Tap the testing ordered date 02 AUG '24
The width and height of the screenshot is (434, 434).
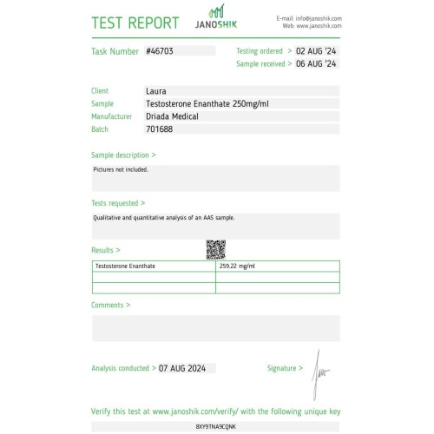tap(315, 51)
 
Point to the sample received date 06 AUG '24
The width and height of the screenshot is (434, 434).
tap(315, 64)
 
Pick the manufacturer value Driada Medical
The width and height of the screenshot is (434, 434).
tap(173, 115)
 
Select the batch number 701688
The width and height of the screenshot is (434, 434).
tap(160, 128)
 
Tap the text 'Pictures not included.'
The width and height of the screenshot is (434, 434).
tap(121, 170)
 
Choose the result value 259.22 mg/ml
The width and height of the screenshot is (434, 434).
tap(238, 266)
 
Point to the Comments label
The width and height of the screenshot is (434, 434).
tap(111, 305)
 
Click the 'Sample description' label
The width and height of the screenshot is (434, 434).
tap(123, 155)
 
